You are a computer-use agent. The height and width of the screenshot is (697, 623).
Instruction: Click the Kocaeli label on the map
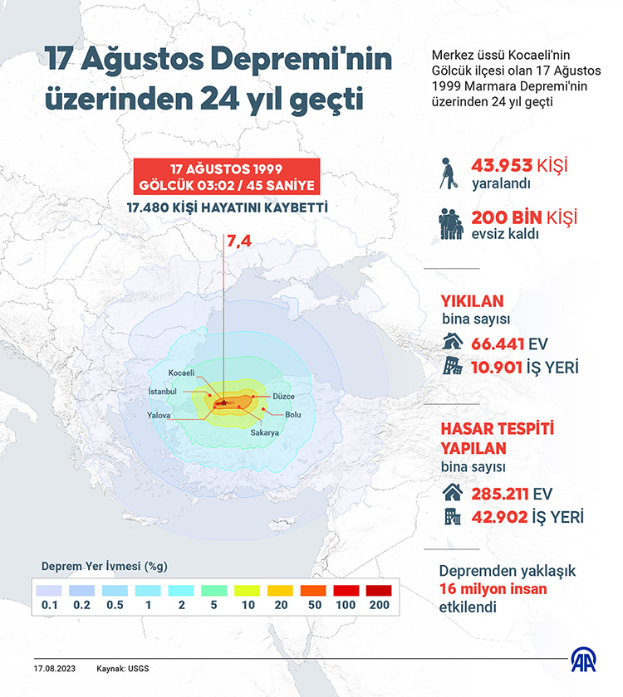181,373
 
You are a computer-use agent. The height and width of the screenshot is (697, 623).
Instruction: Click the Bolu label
293,414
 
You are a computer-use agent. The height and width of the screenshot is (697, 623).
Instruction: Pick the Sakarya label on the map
264,432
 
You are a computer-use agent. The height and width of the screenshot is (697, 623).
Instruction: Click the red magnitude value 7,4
238,241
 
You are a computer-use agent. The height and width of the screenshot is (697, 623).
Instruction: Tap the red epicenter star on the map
223,402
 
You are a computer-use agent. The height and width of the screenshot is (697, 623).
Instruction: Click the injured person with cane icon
450,172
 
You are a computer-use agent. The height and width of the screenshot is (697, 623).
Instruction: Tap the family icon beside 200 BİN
452,224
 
